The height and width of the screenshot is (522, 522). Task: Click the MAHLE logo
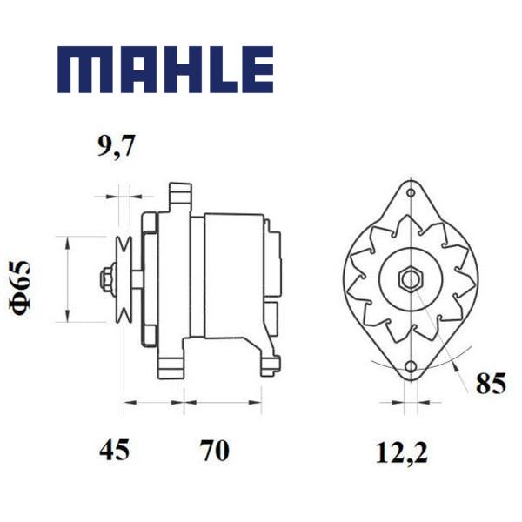pyautogui.click(x=165, y=70)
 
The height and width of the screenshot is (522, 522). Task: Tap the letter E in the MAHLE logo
pyautogui.click(x=258, y=70)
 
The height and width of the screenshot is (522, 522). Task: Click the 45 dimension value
pyautogui.click(x=114, y=450)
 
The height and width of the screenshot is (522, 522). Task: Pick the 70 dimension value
pyautogui.click(x=215, y=450)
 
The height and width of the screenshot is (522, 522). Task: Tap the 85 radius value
pyautogui.click(x=491, y=384)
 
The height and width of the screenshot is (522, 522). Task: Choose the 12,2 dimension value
pyautogui.click(x=401, y=452)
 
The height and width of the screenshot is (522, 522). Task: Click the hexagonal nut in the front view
pyautogui.click(x=412, y=279)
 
